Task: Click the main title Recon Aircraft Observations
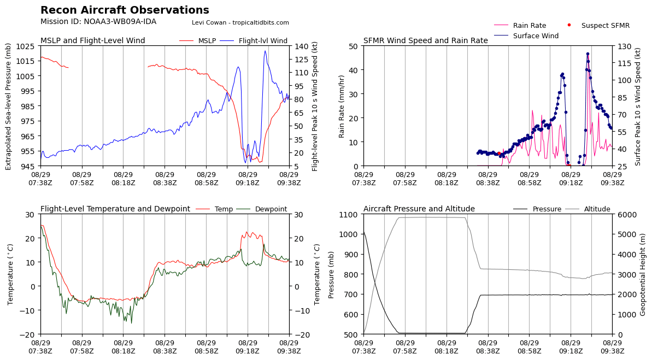(125, 10)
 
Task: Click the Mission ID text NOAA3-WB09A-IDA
(98, 22)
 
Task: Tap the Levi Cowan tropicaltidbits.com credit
(240, 23)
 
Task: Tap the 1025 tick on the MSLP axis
(27, 46)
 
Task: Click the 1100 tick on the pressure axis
(350, 214)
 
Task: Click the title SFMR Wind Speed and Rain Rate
(425, 41)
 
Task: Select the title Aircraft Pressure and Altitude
(419, 209)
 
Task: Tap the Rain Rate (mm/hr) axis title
(342, 106)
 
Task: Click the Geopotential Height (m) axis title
(643, 274)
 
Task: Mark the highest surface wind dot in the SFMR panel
(588, 54)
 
